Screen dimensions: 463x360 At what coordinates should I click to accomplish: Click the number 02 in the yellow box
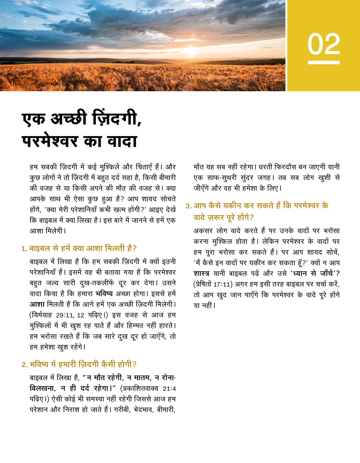324,44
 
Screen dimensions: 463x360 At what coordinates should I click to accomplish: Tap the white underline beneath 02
324,62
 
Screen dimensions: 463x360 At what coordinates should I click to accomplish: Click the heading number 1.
24,249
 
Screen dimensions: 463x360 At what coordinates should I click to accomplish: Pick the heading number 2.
24,365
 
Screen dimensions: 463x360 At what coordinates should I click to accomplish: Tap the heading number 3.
188,206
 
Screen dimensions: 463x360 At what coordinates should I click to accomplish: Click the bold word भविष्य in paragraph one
104,293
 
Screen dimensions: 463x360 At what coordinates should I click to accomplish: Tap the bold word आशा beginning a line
37,304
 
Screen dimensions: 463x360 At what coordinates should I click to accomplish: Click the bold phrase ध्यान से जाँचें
312,273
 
